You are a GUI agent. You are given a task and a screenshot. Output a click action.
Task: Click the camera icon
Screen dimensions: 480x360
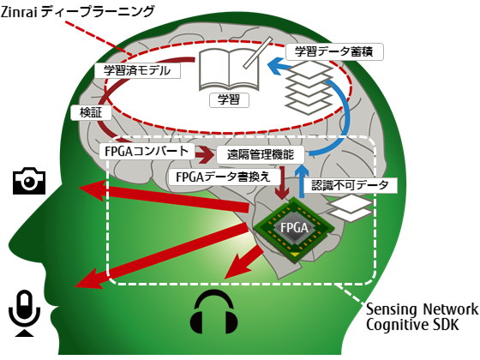click(x=29, y=181)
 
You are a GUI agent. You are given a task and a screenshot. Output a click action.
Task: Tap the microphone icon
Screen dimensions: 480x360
click(x=25, y=313)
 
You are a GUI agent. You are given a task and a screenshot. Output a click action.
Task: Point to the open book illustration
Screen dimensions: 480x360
click(x=229, y=69)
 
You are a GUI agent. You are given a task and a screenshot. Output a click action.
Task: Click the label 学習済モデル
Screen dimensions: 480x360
click(x=137, y=70)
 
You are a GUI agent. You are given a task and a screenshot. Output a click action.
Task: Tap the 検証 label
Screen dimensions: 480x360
click(x=91, y=112)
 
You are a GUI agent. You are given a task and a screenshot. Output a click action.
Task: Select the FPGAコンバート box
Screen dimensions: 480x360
click(x=147, y=152)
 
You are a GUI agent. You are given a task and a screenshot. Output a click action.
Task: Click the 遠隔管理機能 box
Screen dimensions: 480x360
click(x=261, y=154)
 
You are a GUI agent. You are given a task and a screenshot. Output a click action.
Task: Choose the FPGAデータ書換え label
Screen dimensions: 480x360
click(x=224, y=177)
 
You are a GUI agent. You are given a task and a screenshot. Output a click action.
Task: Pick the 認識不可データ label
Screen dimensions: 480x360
click(x=351, y=185)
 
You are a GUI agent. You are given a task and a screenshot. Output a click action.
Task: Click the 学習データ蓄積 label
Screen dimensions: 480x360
click(x=334, y=51)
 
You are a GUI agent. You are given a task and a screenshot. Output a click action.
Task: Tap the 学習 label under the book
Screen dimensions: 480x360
click(x=229, y=99)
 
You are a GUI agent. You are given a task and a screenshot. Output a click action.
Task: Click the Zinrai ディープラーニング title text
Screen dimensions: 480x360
click(x=77, y=12)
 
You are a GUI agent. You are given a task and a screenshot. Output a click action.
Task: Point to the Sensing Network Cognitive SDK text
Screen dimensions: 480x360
click(x=422, y=317)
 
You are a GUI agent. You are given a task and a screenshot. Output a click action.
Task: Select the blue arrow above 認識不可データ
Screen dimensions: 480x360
click(x=302, y=181)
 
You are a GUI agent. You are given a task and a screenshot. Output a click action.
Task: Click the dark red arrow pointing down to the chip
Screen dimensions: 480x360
click(x=282, y=183)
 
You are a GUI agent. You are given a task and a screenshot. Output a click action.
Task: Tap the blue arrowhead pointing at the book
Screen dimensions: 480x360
click(x=276, y=66)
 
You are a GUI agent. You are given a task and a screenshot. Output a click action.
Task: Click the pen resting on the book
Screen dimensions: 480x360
click(x=258, y=52)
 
